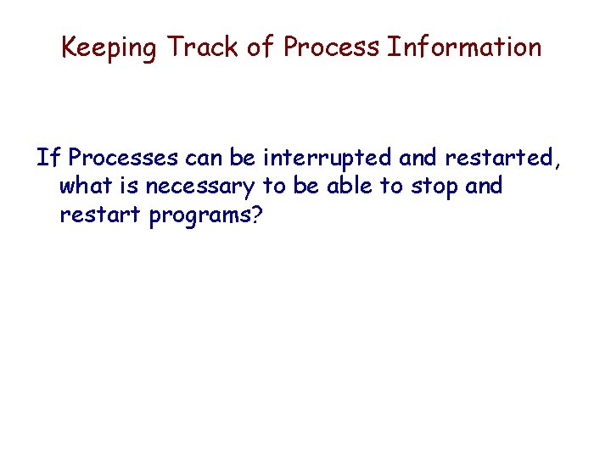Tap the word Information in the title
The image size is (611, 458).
(x=464, y=47)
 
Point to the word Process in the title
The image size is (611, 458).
(x=331, y=47)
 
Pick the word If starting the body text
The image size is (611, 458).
(x=48, y=158)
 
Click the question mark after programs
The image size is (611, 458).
(x=256, y=215)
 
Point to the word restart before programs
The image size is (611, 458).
(x=101, y=215)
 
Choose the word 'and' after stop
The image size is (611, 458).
(x=484, y=186)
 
